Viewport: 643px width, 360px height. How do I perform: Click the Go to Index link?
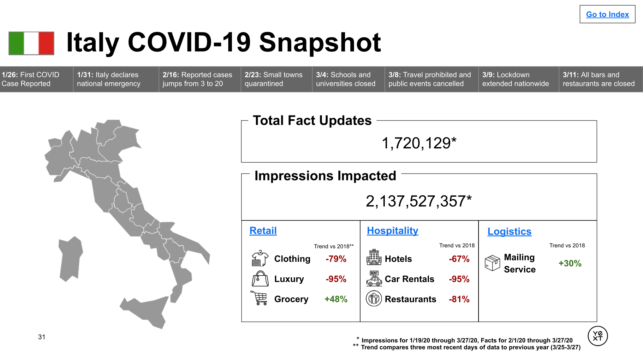[607, 15]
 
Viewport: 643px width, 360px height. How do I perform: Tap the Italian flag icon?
[31, 43]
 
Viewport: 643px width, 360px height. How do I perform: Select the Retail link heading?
[263, 231]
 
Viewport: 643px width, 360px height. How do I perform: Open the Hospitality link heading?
[392, 231]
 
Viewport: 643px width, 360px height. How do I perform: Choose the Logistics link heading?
[509, 231]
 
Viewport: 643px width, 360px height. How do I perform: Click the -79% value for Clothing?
[336, 259]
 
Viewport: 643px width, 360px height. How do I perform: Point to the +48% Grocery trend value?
[336, 299]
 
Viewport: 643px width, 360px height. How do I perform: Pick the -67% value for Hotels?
[459, 259]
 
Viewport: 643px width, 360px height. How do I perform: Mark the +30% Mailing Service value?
[570, 263]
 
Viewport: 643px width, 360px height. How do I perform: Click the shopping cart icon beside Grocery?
[259, 298]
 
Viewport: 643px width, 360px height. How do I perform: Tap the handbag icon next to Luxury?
[260, 279]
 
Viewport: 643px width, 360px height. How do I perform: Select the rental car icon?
[374, 278]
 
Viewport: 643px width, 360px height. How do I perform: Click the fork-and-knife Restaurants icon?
[374, 298]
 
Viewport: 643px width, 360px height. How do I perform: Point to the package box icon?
[492, 263]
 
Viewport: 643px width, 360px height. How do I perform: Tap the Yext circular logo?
[598, 336]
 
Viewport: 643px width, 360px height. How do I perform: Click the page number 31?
[42, 337]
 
